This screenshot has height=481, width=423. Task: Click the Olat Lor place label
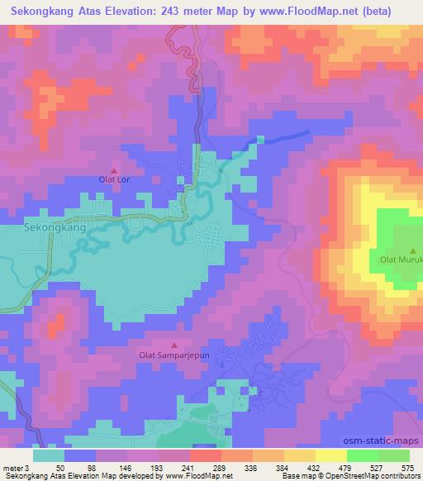click(115, 178)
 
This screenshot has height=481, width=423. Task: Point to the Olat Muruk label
click(401, 260)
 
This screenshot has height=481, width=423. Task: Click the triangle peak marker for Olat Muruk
click(414, 250)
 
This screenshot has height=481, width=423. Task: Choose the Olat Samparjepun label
click(173, 356)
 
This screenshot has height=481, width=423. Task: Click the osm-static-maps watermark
click(389, 442)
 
